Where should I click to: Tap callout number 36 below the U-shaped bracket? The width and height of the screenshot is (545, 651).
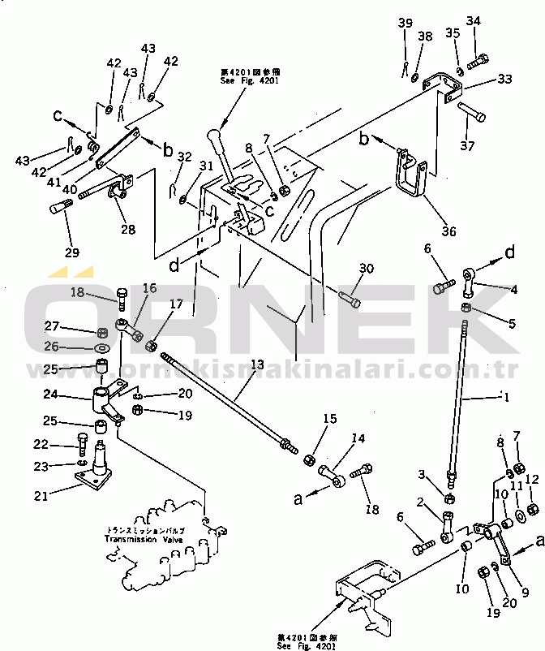pyautogui.click(x=448, y=231)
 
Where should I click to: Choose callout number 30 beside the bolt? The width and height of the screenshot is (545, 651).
pyautogui.click(x=367, y=269)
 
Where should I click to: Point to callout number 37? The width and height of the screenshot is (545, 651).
pyautogui.click(x=466, y=146)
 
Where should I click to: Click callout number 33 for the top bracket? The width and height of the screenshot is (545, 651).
pyautogui.click(x=504, y=80)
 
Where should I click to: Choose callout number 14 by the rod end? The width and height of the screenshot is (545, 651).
pyautogui.click(x=358, y=439)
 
